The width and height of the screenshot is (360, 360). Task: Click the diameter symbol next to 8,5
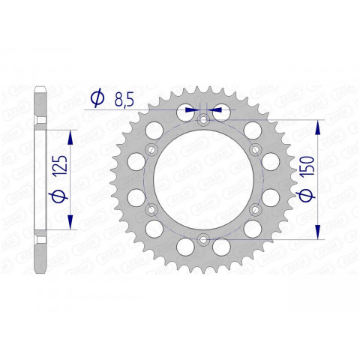tap(97, 97)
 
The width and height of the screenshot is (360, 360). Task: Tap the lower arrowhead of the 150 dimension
tap(319, 233)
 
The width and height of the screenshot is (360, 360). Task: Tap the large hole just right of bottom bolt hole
tap(223, 247)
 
